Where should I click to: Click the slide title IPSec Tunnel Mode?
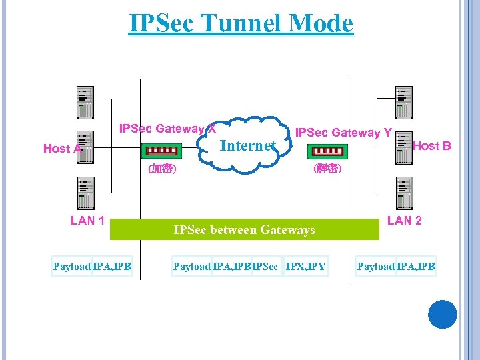point(241,23)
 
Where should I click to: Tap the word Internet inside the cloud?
point(247,145)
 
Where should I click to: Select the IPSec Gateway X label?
point(167,128)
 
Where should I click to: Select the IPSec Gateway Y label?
point(343,133)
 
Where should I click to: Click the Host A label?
point(62,148)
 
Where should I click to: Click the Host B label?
point(431,145)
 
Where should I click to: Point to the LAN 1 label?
point(87,221)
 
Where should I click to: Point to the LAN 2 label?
point(404,221)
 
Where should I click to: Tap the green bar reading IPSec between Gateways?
point(244,229)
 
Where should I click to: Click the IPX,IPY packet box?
point(305,267)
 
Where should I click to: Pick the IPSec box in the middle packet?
point(265,267)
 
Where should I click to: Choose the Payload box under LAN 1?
point(72,267)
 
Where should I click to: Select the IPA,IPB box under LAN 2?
point(415,267)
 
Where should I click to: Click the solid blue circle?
point(442,315)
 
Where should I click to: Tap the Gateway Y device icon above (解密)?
point(327,150)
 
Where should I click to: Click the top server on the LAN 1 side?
point(85,102)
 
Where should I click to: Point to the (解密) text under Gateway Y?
point(327,169)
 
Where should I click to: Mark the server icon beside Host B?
point(403,147)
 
